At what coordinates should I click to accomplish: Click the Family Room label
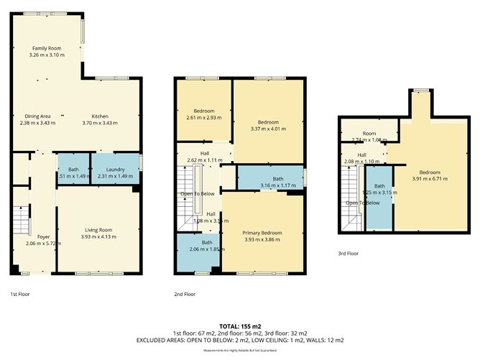[46, 48]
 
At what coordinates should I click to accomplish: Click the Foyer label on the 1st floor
[43, 236]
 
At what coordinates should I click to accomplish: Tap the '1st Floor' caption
[19, 294]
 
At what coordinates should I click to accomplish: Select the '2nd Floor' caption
[185, 294]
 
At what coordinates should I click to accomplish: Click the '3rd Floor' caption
[348, 253]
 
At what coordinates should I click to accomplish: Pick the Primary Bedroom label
[262, 233]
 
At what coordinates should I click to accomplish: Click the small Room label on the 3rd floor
[369, 134]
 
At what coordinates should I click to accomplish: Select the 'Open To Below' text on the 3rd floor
[363, 203]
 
